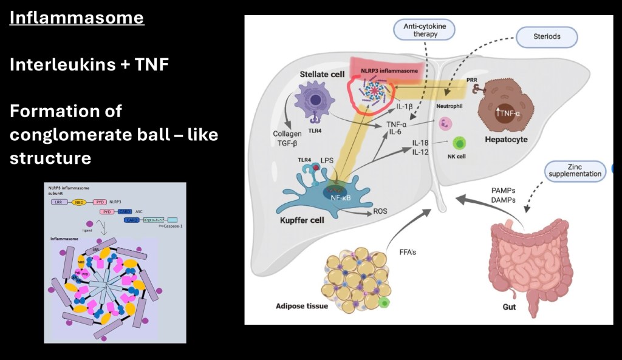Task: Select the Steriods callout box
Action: pyautogui.click(x=546, y=36)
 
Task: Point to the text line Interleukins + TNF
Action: pyautogui.click(x=89, y=64)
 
